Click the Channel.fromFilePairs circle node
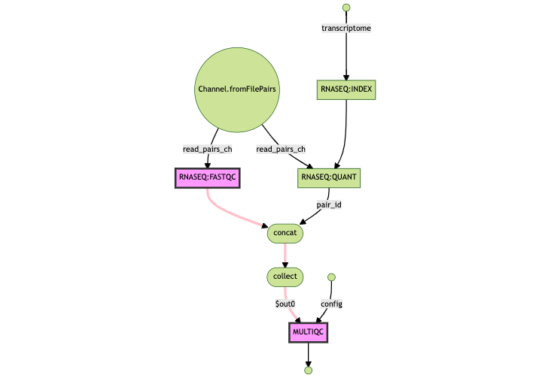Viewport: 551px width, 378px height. [x=236, y=89]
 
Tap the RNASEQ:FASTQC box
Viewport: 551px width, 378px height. [x=207, y=177]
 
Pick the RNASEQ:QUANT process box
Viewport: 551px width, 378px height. [x=330, y=177]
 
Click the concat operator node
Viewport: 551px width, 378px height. [x=285, y=234]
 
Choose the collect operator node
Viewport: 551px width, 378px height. [x=285, y=277]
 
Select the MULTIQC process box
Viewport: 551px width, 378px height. [x=308, y=331]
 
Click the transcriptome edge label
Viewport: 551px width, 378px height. [x=346, y=29]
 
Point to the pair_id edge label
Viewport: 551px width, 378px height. [x=329, y=204]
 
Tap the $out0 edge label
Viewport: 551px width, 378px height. [x=290, y=304]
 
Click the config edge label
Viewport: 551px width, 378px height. [x=331, y=304]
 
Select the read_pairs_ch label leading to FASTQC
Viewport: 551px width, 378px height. [x=207, y=149]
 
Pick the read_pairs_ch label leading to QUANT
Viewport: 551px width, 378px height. [x=281, y=149]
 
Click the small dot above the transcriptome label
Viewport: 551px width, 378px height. [x=346, y=8]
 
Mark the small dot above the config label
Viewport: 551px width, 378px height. [x=331, y=277]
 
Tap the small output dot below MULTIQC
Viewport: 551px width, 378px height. [x=308, y=370]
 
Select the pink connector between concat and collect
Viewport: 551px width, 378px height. [x=285, y=256]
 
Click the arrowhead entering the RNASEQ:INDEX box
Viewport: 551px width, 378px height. [x=346, y=77]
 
